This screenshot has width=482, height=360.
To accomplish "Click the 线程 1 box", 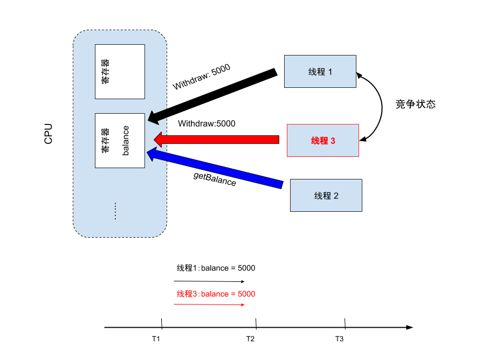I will (x=320, y=71).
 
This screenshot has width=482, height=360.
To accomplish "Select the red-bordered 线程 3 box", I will (x=322, y=141).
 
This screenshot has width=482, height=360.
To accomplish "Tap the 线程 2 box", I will (x=326, y=196).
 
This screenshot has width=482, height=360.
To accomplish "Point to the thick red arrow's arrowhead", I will (x=159, y=139).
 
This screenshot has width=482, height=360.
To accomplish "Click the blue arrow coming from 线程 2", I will (x=216, y=169).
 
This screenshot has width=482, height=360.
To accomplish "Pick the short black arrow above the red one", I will (x=158, y=115).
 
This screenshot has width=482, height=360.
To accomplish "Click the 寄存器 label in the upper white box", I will (x=105, y=72).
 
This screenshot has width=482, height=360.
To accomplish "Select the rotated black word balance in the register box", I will (x=126, y=141).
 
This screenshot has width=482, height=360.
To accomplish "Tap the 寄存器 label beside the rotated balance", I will (x=105, y=141).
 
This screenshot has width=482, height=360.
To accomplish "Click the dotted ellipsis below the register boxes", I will (x=115, y=211).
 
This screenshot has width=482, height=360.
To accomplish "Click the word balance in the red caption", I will (x=215, y=294).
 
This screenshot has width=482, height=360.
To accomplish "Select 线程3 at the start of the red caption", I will (x=187, y=294).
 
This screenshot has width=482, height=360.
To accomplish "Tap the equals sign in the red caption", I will (x=233, y=294).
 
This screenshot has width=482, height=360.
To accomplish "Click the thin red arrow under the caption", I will (x=208, y=305).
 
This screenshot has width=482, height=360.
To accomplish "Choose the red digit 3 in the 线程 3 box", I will (x=333, y=141).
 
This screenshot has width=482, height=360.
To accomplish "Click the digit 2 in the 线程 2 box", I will (x=336, y=196).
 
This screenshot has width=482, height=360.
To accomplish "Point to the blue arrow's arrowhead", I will (x=152, y=154).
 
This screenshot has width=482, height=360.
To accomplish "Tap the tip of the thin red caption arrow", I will (x=244, y=305).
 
